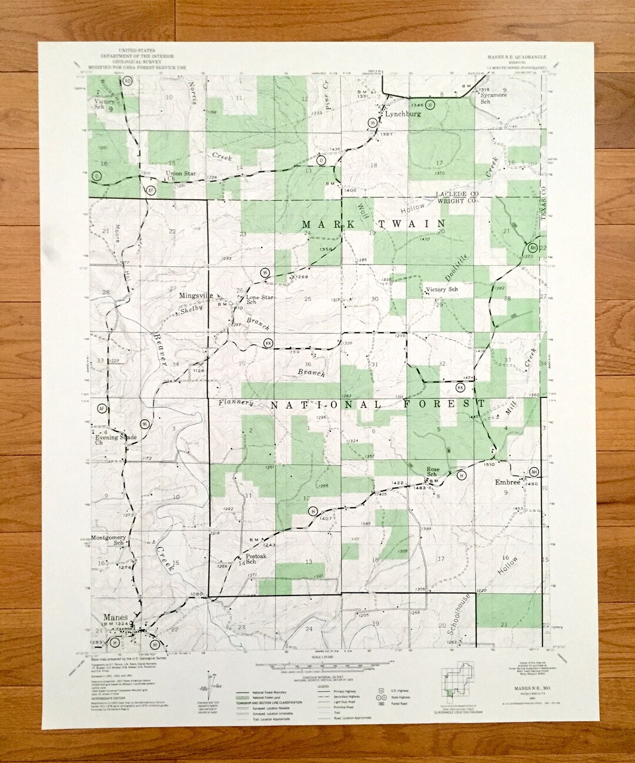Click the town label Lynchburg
click(404, 115)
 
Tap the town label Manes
click(115, 617)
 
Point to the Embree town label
click(507, 482)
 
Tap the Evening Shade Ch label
click(115, 440)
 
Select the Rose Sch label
click(432, 471)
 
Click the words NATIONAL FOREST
click(376, 404)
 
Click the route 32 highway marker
click(430, 105)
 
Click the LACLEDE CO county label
click(456, 194)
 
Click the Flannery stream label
click(235, 403)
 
